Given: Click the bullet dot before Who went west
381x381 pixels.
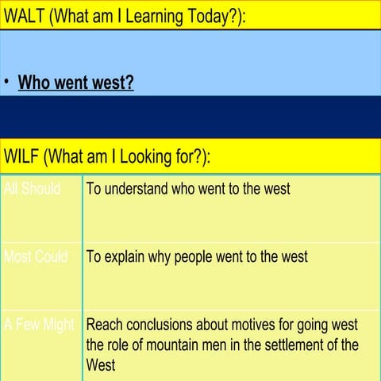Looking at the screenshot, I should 7,83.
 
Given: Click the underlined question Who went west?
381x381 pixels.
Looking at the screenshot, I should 75,83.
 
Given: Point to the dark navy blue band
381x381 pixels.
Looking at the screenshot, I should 190,117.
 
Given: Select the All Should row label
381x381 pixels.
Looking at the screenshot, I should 32,189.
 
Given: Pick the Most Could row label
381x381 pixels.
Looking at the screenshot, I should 35,257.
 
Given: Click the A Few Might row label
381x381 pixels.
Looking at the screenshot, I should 38,325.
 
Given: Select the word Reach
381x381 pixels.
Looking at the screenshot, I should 103,325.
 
